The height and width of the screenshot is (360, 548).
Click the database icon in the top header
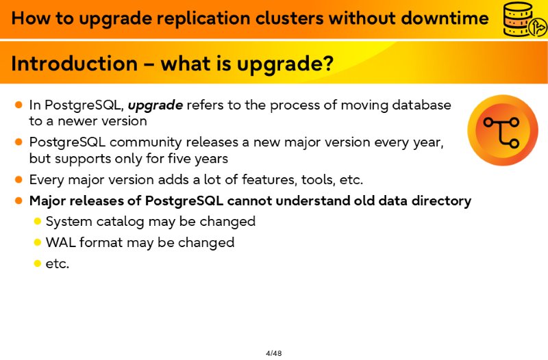[x=524, y=19]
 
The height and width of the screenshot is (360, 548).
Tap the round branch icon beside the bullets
[x=503, y=130]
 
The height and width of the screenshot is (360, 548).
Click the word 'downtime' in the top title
[x=445, y=18]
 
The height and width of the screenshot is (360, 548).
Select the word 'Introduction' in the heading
[x=75, y=64]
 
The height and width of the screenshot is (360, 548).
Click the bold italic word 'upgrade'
[x=155, y=105]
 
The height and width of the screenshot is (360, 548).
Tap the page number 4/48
[x=273, y=353]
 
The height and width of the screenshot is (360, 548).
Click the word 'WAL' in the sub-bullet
[x=61, y=242]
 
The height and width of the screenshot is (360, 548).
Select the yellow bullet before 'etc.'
[x=38, y=263]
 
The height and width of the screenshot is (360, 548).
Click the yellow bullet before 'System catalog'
[x=38, y=221]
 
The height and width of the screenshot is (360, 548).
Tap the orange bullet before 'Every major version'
[x=19, y=179]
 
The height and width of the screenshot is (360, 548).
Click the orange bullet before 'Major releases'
[x=19, y=201]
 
